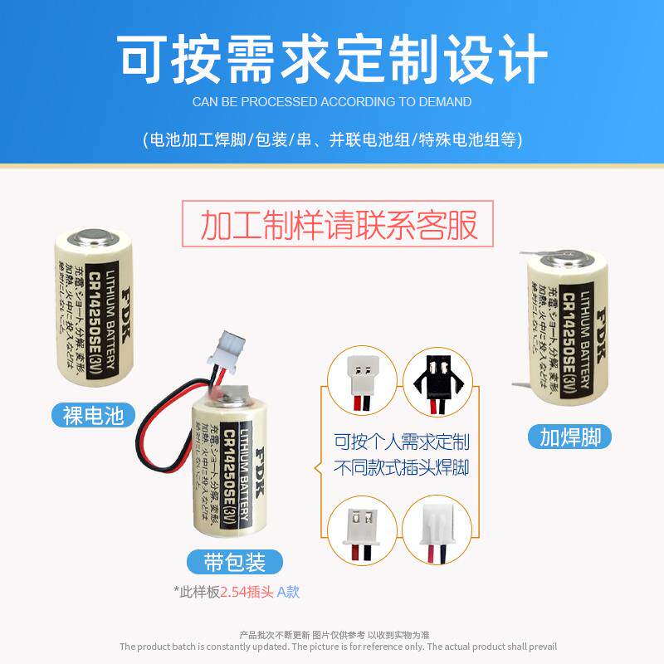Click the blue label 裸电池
click(93, 414)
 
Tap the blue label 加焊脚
click(569, 437)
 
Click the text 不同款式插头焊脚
click(401, 469)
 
